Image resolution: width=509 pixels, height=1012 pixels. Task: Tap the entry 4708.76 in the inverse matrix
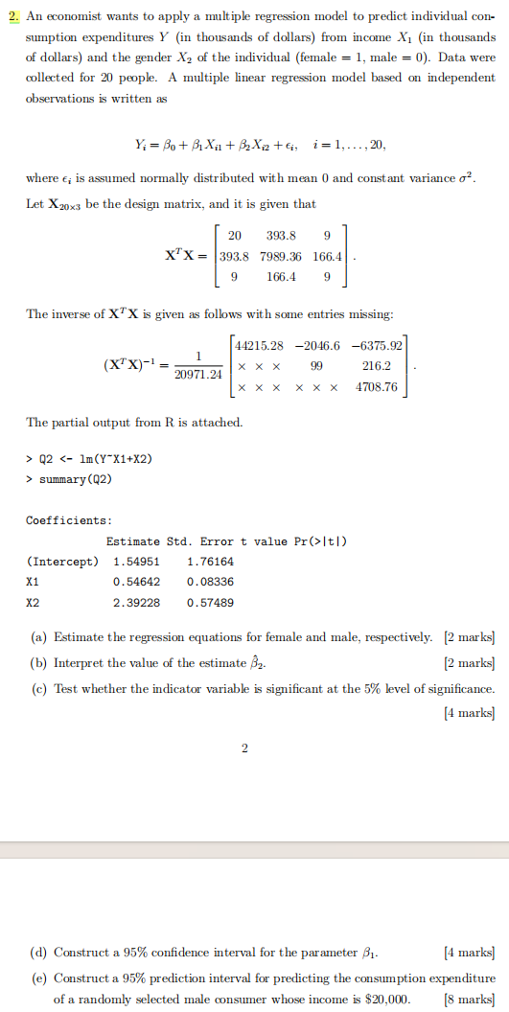[x=376, y=388]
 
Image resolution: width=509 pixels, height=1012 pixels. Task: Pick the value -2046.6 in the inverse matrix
[x=316, y=344]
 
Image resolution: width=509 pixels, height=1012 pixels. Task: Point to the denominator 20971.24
[x=197, y=375]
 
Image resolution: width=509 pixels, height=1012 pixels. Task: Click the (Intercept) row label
[x=63, y=561]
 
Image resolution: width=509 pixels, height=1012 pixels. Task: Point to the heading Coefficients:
[x=68, y=519]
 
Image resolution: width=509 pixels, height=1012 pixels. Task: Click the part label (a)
[x=38, y=637]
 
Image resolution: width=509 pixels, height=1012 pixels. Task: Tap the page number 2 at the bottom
[x=244, y=748]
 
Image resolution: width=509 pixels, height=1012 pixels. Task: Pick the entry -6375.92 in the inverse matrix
[x=379, y=344]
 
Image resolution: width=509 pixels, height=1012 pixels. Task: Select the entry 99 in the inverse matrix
[x=315, y=366]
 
